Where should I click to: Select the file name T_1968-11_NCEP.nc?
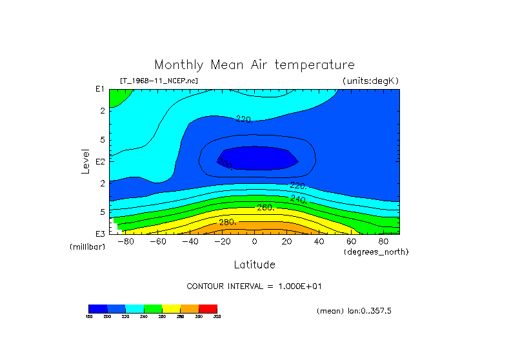pos(159,81)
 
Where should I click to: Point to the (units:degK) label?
pos(370,81)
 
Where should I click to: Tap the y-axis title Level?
pos(85,161)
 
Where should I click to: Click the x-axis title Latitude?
pos(254,265)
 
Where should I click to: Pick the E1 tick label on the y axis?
pos(100,89)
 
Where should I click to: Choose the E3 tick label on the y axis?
pos(100,234)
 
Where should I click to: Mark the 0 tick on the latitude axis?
pos(254,242)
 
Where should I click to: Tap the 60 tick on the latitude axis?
pos(351,242)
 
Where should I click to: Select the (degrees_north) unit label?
pos(376,252)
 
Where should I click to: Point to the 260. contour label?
pos(266,208)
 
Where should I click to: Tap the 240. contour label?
pos(298,199)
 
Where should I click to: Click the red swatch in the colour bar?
pos(208,308)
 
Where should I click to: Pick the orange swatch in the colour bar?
pos(190,308)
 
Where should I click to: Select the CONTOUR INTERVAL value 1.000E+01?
pos(299,286)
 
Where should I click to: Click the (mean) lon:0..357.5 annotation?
pos(354,311)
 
